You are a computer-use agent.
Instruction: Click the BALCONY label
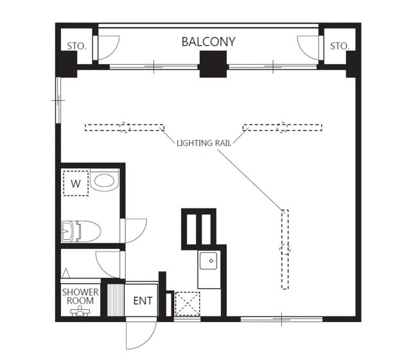[208, 42]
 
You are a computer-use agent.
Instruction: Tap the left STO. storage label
[76, 46]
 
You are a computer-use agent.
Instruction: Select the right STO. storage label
[340, 46]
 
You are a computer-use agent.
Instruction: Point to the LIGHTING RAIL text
[204, 143]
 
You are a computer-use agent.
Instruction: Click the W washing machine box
[76, 183]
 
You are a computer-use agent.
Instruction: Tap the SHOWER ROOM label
[80, 296]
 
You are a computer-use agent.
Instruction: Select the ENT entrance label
[143, 301]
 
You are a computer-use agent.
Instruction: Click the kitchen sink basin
[208, 261]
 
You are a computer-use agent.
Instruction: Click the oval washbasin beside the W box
[104, 180]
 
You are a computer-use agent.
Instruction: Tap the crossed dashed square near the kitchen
[188, 304]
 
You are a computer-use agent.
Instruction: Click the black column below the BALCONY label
[213, 64]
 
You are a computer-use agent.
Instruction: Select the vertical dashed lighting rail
[285, 250]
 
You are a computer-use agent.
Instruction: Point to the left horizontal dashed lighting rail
[125, 128]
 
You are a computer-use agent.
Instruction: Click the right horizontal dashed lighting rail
[283, 128]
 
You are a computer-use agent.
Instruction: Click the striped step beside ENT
[116, 300]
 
